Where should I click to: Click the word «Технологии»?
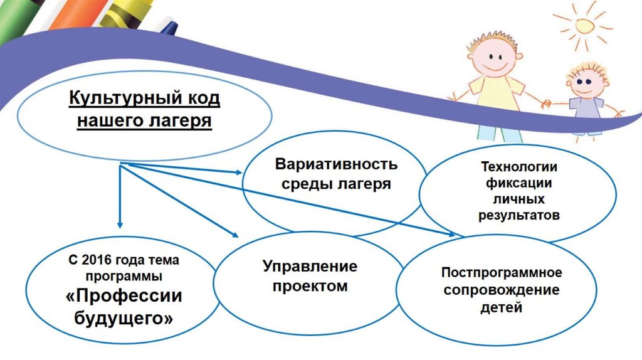[x=519, y=168]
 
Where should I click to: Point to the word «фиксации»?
[x=519, y=184]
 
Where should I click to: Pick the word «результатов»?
[x=519, y=215]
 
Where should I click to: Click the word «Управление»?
[x=310, y=267]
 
